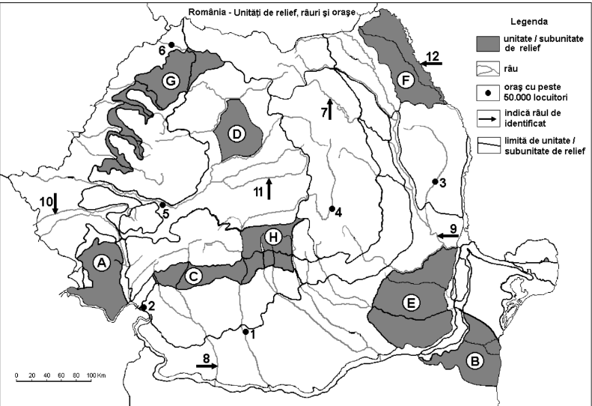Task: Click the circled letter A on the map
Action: pos(101,261)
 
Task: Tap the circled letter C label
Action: pos(194,277)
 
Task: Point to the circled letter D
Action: pos(237,134)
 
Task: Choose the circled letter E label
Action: pos(409,303)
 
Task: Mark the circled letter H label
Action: pos(275,238)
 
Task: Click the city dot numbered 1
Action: pos(245,330)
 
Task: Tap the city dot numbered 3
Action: pos(435,181)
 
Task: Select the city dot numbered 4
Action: pos(332,208)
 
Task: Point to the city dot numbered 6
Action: pos(171,45)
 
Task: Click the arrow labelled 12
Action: pos(431,64)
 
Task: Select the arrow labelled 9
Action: pos(448,236)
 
